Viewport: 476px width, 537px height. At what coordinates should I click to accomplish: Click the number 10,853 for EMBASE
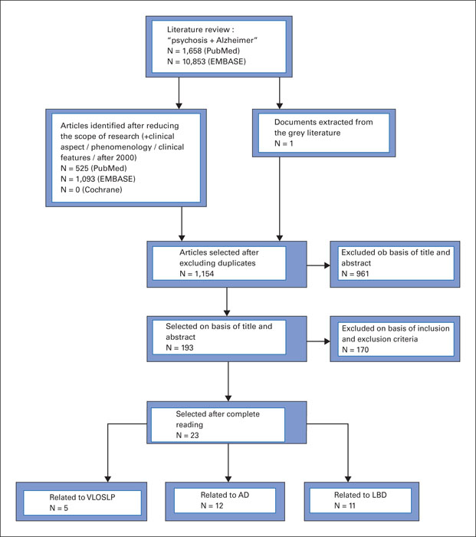coord(194,61)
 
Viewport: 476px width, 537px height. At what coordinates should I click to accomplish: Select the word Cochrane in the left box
coord(102,189)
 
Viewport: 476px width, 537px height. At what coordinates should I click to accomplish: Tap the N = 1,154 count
coord(197,274)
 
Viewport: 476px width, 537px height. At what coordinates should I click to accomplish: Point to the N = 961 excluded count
coord(355,274)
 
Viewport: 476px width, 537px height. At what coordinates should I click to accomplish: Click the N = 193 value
coord(179,348)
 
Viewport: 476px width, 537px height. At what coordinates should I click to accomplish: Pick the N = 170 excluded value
coord(355,350)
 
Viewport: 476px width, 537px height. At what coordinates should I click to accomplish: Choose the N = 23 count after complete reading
coord(187,435)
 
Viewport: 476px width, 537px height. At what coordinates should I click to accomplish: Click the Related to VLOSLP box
coord(81,502)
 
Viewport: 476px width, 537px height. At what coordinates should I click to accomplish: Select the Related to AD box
coord(225,502)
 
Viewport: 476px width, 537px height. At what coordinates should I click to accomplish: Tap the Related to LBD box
coord(361,502)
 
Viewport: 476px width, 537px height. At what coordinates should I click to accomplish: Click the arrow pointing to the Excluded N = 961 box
coord(318,265)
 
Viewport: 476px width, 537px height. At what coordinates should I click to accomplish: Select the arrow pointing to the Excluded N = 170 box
coord(318,341)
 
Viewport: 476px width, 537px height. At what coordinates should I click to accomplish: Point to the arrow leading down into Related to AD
coord(228,463)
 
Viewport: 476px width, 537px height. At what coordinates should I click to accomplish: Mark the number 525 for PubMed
coord(82,168)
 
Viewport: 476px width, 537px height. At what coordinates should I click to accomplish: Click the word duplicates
coord(237,263)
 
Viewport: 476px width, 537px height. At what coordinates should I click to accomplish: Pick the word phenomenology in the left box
coord(121,147)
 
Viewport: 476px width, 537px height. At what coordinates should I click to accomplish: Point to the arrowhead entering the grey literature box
coord(280,106)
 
